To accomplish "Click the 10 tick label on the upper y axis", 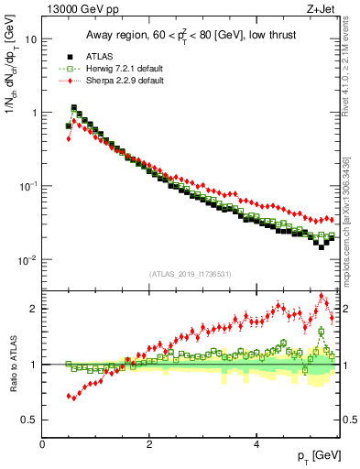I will click(x=31, y=39).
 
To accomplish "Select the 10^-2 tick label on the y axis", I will click(x=27, y=259).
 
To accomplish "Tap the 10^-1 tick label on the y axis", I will click(x=27, y=186).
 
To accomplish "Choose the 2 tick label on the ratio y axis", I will click(x=35, y=309).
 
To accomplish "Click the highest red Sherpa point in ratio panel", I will click(x=322, y=296).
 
